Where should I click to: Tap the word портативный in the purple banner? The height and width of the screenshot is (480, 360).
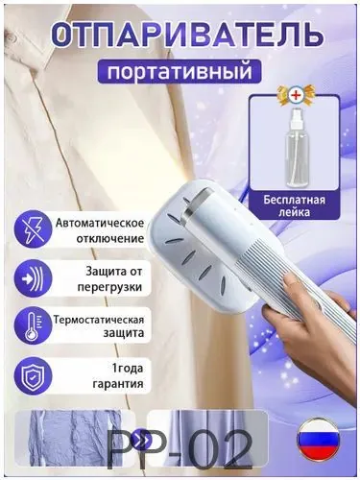tap(180, 71)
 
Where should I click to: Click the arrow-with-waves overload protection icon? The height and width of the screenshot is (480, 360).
tap(34, 277)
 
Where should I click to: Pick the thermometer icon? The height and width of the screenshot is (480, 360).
tap(34, 326)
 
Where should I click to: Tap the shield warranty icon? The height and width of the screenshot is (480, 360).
tap(34, 375)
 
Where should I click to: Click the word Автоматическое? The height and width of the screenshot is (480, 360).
tap(100, 223)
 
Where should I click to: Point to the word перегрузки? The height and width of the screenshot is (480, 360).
tap(109, 286)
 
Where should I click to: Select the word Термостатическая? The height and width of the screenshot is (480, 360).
tap(99, 320)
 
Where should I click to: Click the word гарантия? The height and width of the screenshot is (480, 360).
tap(118, 383)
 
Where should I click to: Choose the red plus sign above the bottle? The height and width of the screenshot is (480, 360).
tap(295, 96)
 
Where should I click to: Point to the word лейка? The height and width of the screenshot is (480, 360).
tap(294, 212)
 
